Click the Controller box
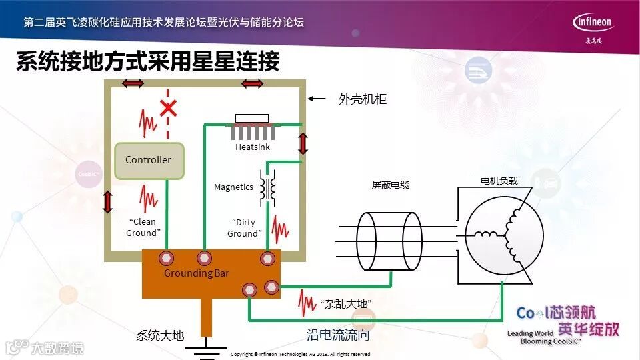[x=149, y=161]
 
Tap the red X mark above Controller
[x=168, y=107]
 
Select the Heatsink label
[x=253, y=147]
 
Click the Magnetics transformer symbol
[x=268, y=187]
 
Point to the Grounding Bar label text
[x=197, y=273]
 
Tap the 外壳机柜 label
[x=363, y=100]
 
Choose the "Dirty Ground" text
[x=244, y=228]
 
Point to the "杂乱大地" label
[x=345, y=304]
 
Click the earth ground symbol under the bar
[x=206, y=349]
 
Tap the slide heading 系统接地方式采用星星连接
[x=147, y=62]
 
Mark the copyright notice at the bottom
[x=300, y=355]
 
